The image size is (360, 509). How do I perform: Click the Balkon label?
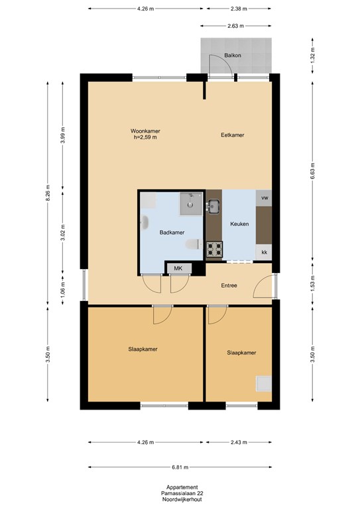[233, 56]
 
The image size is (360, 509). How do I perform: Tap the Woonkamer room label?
[145, 131]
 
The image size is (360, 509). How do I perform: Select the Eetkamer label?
[233, 135]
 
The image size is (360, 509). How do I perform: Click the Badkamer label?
[172, 233]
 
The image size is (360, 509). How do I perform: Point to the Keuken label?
[239, 224]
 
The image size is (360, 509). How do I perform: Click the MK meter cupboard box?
[178, 268]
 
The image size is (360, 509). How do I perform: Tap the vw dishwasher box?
[264, 198]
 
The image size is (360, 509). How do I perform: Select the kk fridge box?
[264, 253]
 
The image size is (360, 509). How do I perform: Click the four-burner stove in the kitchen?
[215, 249]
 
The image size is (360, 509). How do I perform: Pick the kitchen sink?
[213, 207]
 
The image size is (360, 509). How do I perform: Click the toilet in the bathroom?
[194, 245]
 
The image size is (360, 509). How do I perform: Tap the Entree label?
[229, 286]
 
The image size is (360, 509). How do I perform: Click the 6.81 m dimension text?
[180, 467]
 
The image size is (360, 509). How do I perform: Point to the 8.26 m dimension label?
[48, 193]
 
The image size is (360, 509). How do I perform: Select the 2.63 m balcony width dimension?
[235, 26]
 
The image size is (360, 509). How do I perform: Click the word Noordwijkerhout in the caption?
[182, 500]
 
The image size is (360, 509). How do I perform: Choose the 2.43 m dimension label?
[239, 443]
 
